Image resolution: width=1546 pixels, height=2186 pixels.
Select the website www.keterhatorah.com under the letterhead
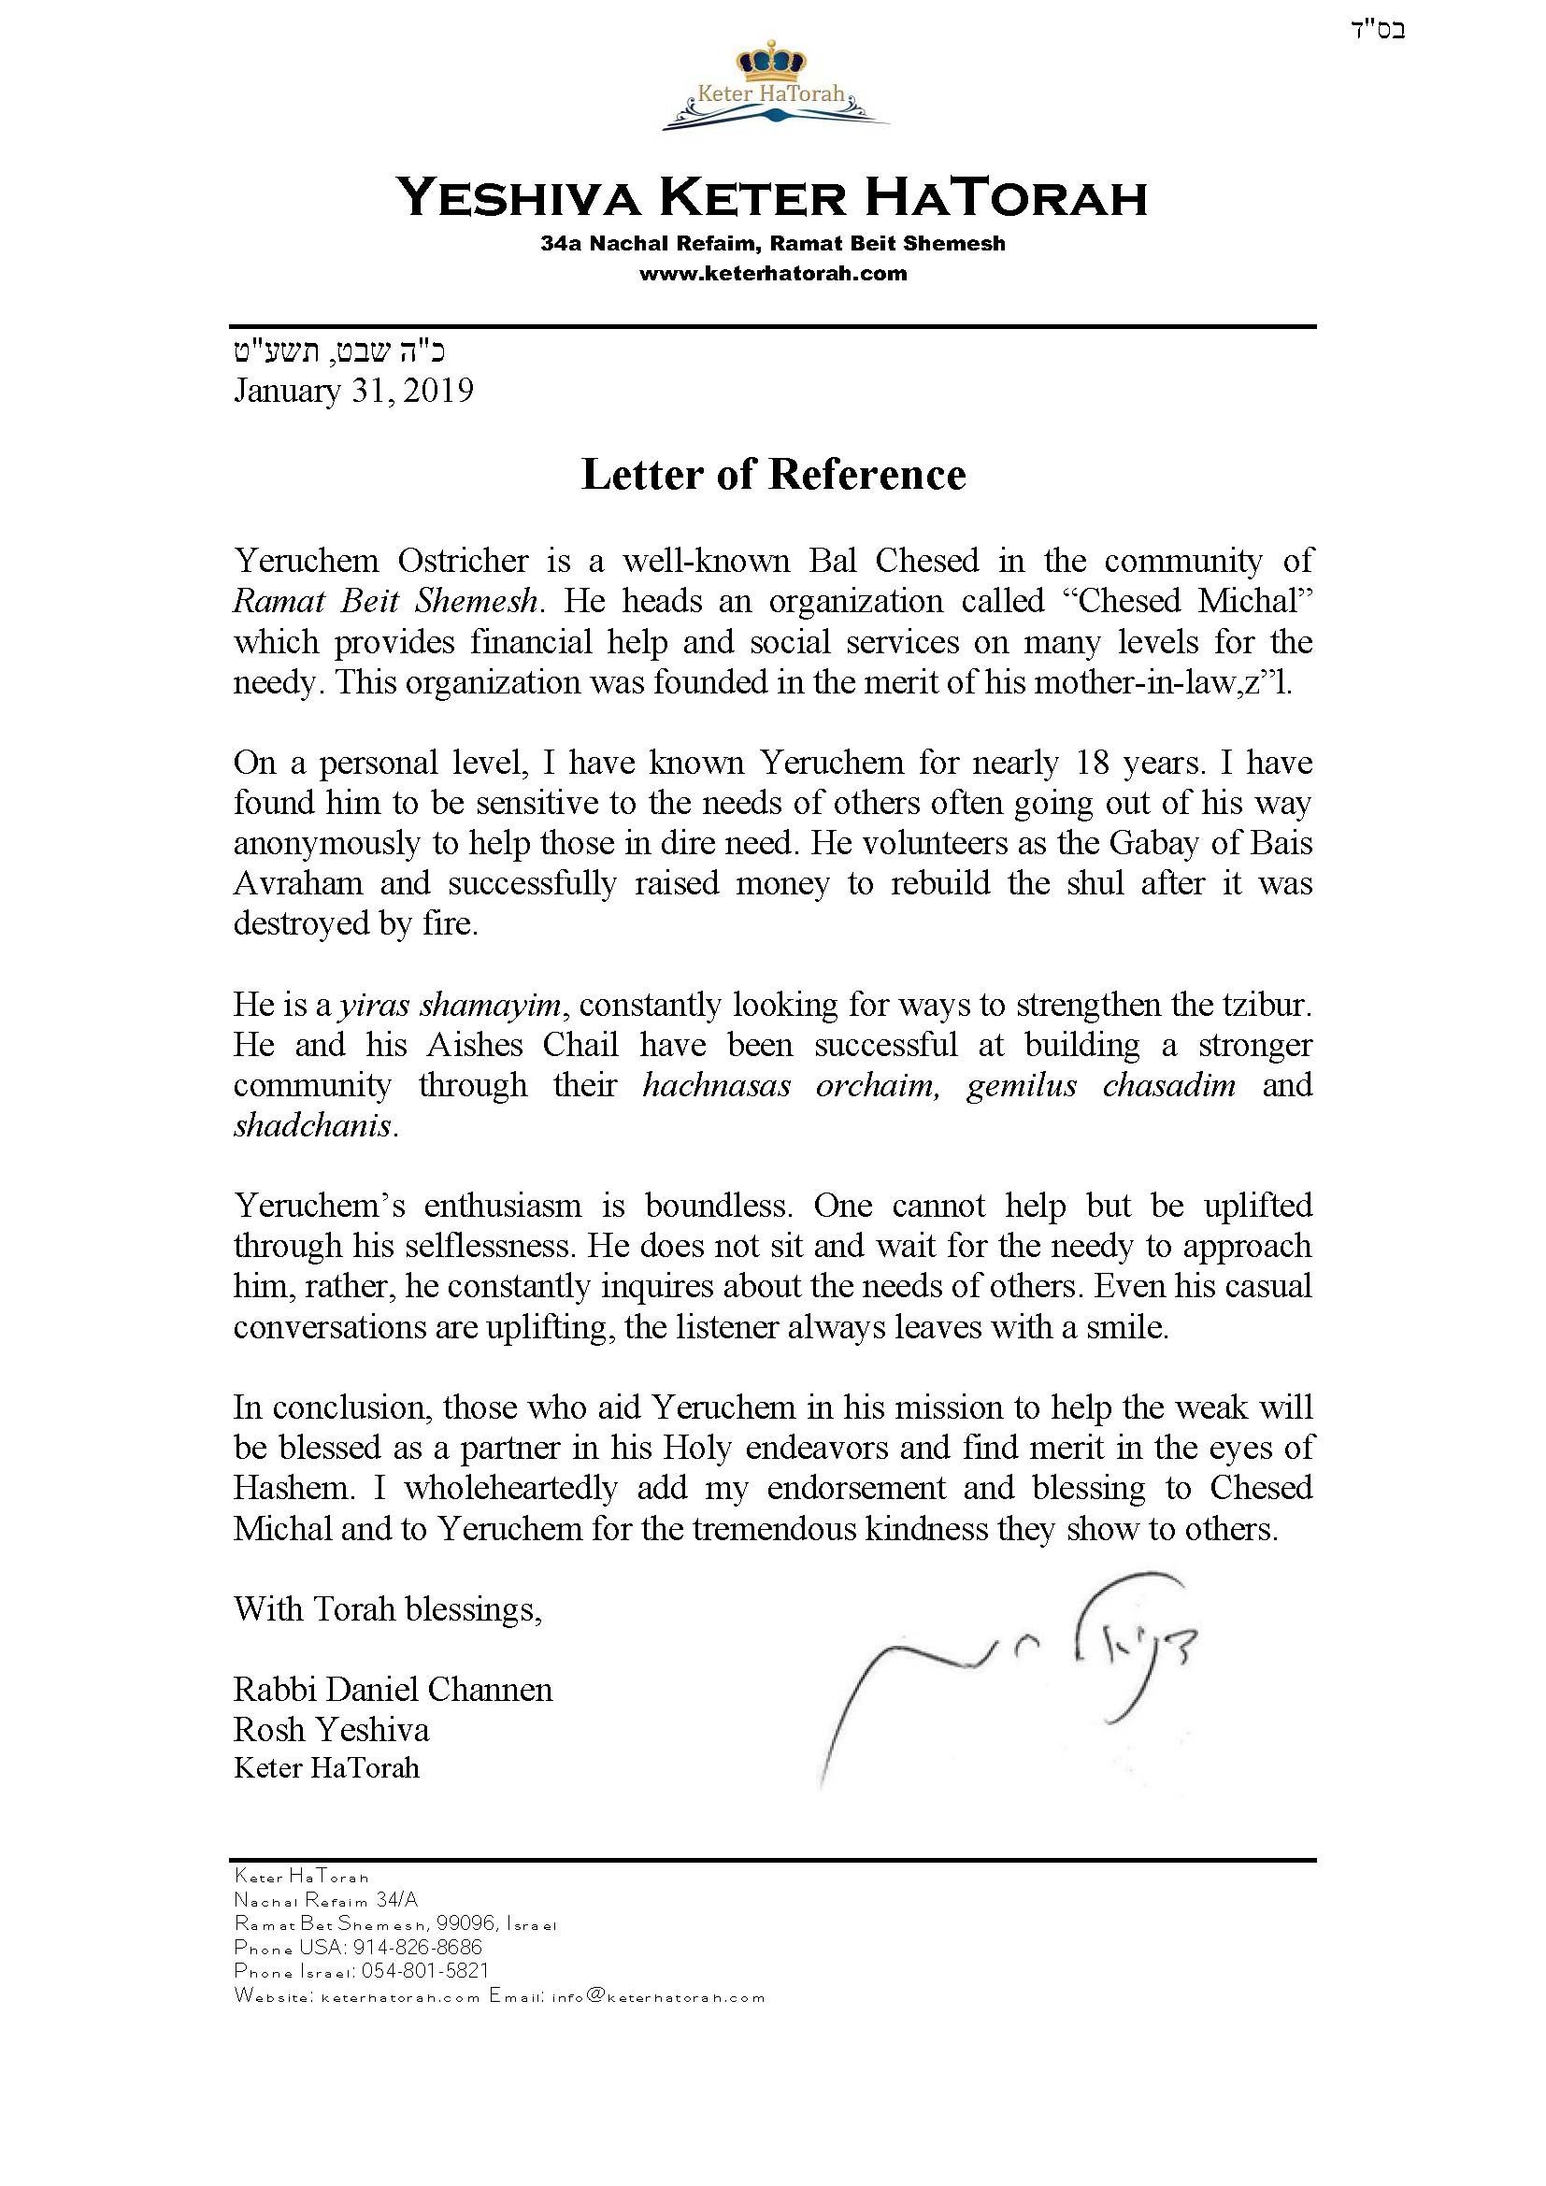(x=772, y=274)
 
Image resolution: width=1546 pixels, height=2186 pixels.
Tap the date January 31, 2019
(x=353, y=392)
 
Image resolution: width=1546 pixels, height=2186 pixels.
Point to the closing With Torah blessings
(x=388, y=1609)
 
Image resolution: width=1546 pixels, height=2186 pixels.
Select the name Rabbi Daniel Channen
(x=393, y=1690)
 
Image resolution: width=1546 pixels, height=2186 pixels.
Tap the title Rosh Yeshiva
(x=331, y=1729)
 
